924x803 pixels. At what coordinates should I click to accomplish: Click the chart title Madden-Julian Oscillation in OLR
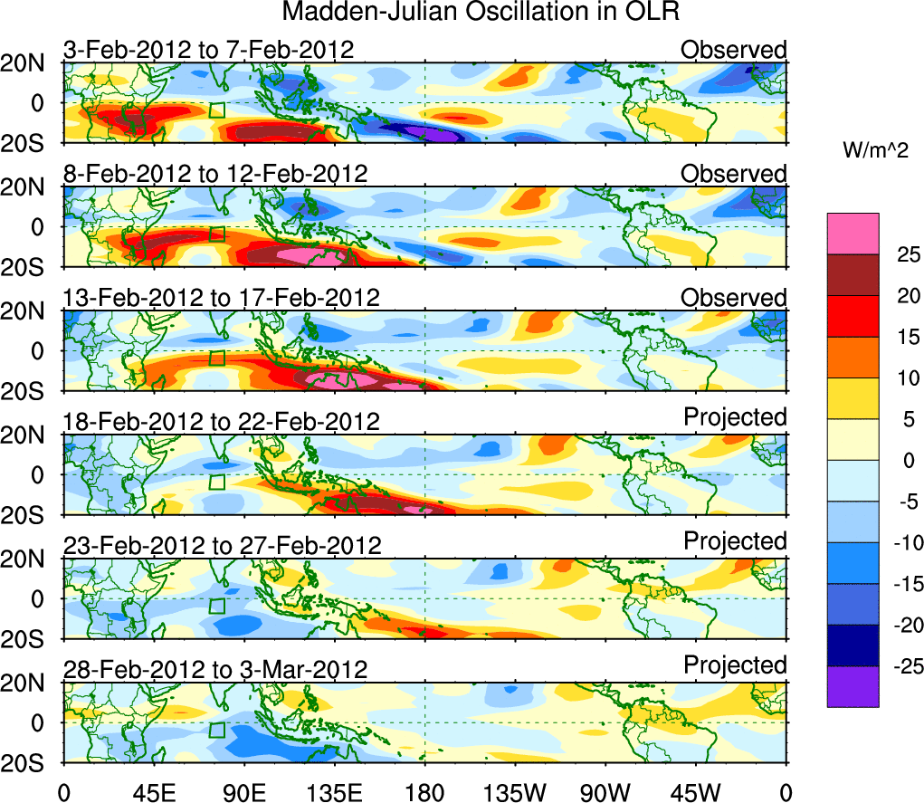pyautogui.click(x=481, y=13)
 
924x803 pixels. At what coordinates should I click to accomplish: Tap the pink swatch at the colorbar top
pyautogui.click(x=853, y=234)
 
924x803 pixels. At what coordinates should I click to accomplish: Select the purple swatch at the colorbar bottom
pyautogui.click(x=853, y=686)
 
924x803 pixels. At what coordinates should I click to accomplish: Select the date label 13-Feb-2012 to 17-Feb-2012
pyautogui.click(x=221, y=298)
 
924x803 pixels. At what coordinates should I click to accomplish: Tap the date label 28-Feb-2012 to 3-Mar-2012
pyautogui.click(x=214, y=670)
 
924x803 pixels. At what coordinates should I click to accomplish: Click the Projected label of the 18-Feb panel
pyautogui.click(x=735, y=417)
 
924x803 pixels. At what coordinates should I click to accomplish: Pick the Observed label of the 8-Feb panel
pyautogui.click(x=734, y=173)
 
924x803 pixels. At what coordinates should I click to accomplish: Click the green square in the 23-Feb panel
pyautogui.click(x=216, y=606)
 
